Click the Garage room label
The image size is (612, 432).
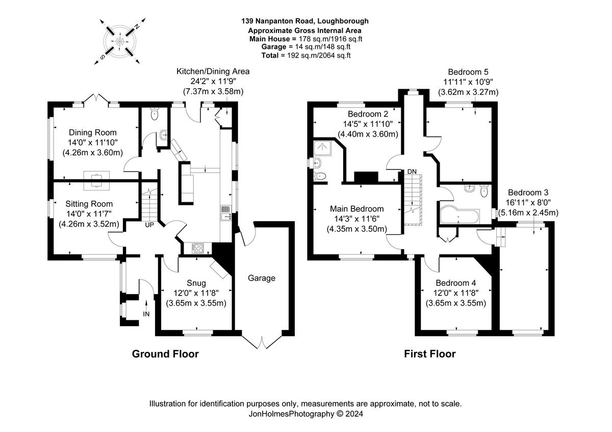coord(262,278)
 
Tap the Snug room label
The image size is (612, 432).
coord(196,283)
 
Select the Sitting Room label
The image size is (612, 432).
coord(89,204)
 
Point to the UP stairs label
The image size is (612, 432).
coord(149,225)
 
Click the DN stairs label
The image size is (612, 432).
coord(412,171)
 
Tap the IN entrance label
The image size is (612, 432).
coord(146,314)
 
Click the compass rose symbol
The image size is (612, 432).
coord(120,41)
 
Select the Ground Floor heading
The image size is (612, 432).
coord(165,354)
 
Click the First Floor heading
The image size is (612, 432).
coord(430,354)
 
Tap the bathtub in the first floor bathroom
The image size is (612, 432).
coord(460,217)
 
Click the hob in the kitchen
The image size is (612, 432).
coord(198,248)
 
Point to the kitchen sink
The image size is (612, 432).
coord(225,213)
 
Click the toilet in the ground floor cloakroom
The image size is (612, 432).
coord(155,114)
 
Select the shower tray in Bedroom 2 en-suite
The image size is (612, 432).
coord(322,148)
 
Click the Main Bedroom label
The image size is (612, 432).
coord(357,209)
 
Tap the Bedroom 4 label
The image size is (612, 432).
coord(456,283)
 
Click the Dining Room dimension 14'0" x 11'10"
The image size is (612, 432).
coord(93,143)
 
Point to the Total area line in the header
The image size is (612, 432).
coord(306,56)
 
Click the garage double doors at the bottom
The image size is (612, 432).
coord(262,342)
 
